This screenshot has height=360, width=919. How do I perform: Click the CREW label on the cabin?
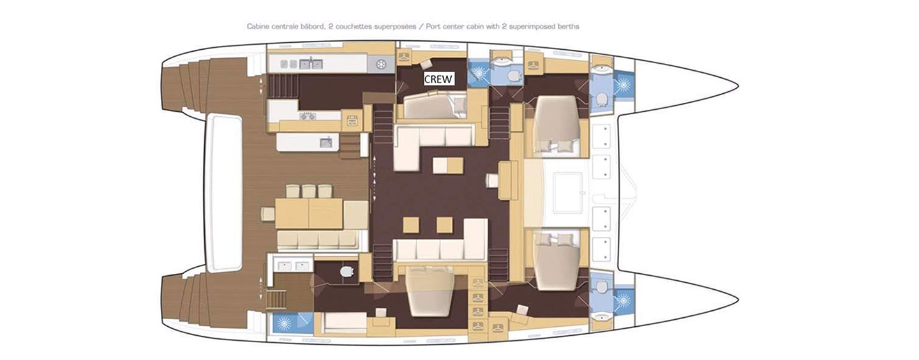[x=438, y=79]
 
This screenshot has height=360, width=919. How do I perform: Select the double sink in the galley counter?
[x=311, y=64]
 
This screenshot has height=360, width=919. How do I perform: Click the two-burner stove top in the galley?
[x=308, y=117]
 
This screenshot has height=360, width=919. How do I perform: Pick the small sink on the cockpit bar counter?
[x=326, y=142]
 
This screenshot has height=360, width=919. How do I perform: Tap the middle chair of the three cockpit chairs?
[x=309, y=191]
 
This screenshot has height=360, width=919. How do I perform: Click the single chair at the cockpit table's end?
[x=268, y=214]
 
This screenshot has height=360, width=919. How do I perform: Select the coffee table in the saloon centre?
[x=448, y=165]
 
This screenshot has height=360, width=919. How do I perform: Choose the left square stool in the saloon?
[x=411, y=225]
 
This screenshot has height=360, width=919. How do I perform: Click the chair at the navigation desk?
[x=492, y=181]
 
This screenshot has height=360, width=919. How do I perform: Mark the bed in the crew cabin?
[x=435, y=105]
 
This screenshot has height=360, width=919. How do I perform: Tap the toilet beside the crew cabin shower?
[x=514, y=75]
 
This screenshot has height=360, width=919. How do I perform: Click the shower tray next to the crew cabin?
[x=479, y=73]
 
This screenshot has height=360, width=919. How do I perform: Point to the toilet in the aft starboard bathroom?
[x=347, y=271]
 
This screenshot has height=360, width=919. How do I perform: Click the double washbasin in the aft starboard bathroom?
[x=294, y=266]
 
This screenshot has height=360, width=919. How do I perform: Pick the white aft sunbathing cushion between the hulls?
[x=225, y=193]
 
